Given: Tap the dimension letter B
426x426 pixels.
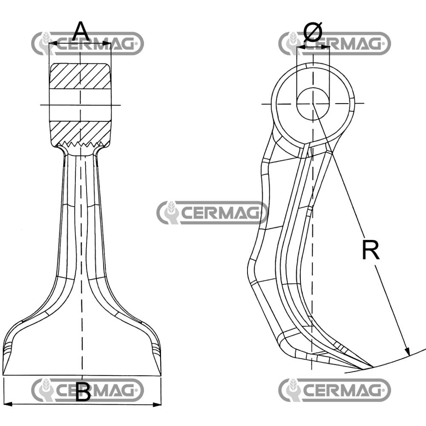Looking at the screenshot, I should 83,391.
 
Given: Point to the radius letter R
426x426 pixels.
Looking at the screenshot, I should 370,250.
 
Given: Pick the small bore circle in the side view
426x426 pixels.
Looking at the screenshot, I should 312,104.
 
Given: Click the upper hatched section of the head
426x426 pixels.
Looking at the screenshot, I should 81,76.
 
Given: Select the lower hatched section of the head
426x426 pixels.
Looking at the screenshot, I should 81,133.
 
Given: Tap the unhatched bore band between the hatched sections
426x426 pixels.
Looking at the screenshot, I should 81,105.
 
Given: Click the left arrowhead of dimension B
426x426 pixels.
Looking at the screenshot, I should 6,404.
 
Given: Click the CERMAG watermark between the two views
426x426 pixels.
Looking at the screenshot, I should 212,213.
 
